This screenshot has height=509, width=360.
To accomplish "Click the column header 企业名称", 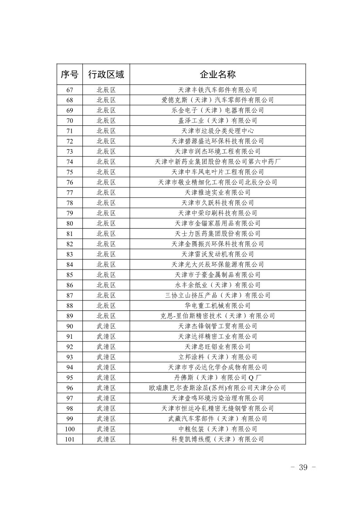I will (x=217, y=74).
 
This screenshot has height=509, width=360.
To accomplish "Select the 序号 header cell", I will (x=69, y=74).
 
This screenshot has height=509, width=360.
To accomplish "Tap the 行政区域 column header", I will (x=106, y=74).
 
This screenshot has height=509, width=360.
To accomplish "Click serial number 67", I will (x=69, y=90).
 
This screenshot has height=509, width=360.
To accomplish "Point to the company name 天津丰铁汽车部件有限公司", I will (x=217, y=90).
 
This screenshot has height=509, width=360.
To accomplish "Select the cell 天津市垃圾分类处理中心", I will (x=217, y=131).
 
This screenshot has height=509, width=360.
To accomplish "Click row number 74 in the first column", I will (x=69, y=162).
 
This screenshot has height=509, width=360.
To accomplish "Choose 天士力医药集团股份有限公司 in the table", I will (x=217, y=233).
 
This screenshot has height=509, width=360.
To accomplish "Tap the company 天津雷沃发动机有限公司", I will (x=217, y=254).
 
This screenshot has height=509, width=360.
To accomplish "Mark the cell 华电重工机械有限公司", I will (x=217, y=306).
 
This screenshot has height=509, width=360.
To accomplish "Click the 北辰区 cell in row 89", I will (x=106, y=316).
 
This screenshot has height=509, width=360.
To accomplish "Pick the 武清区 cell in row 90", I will (x=106, y=326).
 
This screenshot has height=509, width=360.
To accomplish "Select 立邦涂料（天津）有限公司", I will (x=217, y=357).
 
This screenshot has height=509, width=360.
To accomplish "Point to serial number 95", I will (x=69, y=378).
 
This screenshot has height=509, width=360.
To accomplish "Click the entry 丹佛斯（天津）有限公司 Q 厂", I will (x=217, y=378).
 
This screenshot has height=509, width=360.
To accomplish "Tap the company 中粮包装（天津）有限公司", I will (x=217, y=429).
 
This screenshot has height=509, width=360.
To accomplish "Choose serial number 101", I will (x=69, y=439).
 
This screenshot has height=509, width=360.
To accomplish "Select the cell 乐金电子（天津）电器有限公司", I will (x=217, y=110).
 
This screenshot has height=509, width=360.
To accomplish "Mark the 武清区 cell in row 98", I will (x=106, y=408).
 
